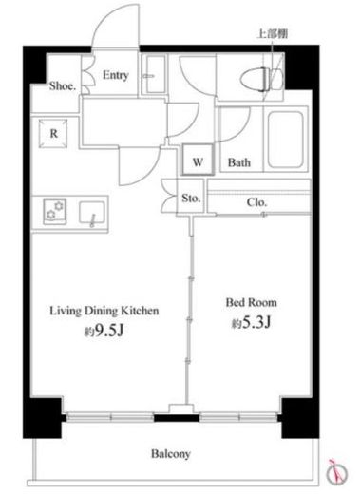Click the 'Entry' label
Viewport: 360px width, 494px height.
coord(116,75)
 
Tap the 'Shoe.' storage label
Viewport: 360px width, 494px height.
coord(63,86)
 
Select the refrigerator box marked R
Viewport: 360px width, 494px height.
coord(53,133)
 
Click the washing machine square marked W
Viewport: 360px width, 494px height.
coord(198,160)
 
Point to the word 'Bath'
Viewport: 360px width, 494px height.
coord(239,162)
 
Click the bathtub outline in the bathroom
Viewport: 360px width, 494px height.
coord(286,140)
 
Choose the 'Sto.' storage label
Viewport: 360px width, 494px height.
coord(191,199)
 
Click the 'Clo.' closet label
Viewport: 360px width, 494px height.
coord(256,202)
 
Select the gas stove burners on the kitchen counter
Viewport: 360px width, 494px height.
coord(54,211)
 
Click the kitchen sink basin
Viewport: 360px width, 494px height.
coord(92,213)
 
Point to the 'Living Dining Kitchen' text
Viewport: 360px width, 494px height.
coord(104,311)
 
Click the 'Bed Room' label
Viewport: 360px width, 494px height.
coord(252,303)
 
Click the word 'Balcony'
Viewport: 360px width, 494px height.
coord(171,454)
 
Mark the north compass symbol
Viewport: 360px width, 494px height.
coord(336,474)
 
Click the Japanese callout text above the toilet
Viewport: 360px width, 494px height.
coord(272,34)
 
